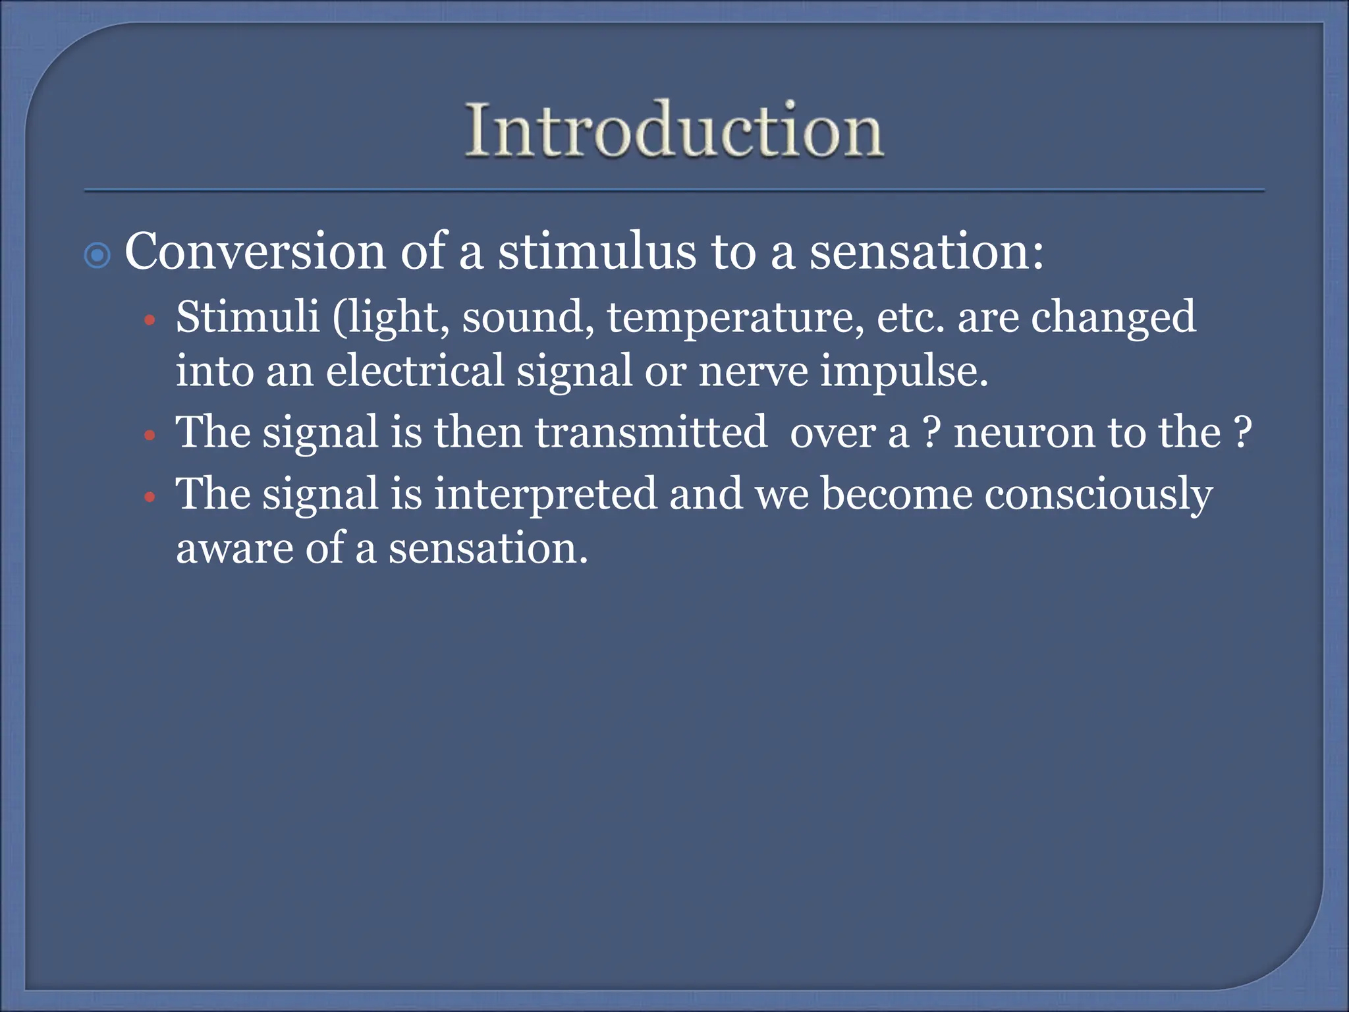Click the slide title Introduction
pyautogui.click(x=674, y=130)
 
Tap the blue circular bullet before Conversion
pyautogui.click(x=97, y=256)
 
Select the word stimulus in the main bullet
pyautogui.click(x=597, y=252)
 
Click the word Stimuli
pyautogui.click(x=248, y=317)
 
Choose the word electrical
pyautogui.click(x=415, y=370)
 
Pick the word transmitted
pyautogui.click(x=651, y=432)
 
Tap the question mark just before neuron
pyautogui.click(x=929, y=432)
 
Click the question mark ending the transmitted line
pyautogui.click(x=1242, y=432)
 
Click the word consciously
pyautogui.click(x=1098, y=495)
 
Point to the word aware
pyautogui.click(x=234, y=549)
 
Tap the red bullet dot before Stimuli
pyautogui.click(x=150, y=321)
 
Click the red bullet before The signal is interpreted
pyautogui.click(x=150, y=497)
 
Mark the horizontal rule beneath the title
pyautogui.click(x=674, y=191)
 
